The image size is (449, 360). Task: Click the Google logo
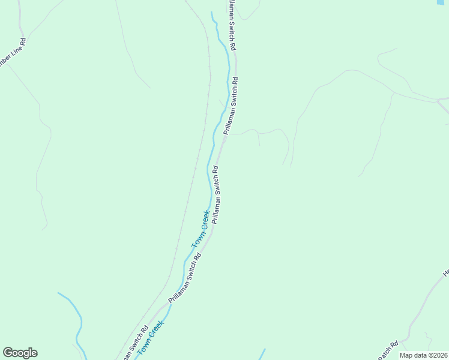pyautogui.click(x=20, y=353)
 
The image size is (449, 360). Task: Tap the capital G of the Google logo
pyautogui.click(x=8, y=353)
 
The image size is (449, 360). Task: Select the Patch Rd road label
pyautogui.click(x=388, y=350)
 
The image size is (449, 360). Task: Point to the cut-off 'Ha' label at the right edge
pyautogui.click(x=446, y=272)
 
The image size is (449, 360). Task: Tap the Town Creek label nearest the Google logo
pyautogui.click(x=151, y=338)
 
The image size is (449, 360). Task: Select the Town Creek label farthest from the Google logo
pyautogui.click(x=201, y=229)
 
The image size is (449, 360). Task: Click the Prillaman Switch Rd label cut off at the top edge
pyautogui.click(x=231, y=24)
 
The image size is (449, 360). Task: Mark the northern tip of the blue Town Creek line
pyautogui.click(x=211, y=12)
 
